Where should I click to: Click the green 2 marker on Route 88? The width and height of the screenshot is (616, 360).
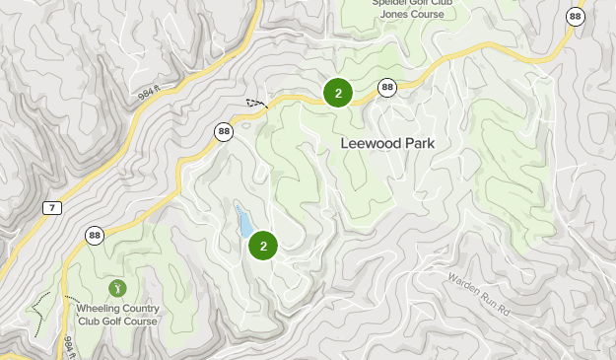(338, 94)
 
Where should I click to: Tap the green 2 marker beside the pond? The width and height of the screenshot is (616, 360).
(264, 246)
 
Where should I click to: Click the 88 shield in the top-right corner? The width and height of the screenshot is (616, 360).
(576, 16)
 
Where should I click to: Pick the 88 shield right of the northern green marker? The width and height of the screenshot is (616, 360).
(387, 88)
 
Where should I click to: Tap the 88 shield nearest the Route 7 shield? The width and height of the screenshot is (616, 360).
(95, 235)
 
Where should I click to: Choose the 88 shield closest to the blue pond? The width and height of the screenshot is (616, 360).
(224, 130)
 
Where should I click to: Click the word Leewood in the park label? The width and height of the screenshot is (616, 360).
(369, 143)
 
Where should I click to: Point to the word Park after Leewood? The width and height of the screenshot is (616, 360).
(417, 143)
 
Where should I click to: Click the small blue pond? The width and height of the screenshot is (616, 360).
(241, 222)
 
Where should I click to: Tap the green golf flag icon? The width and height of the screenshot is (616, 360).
(117, 288)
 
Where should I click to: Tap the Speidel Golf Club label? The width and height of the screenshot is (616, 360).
(411, 3)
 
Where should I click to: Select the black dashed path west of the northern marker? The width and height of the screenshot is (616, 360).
(256, 102)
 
